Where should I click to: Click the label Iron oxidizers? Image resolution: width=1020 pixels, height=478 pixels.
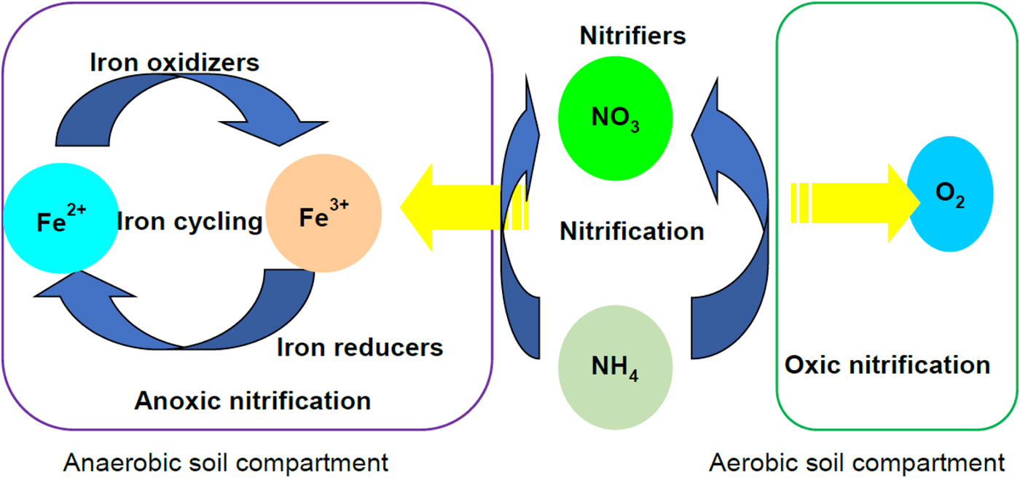(x=174, y=63)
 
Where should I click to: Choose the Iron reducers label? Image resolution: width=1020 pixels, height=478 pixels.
(x=360, y=348)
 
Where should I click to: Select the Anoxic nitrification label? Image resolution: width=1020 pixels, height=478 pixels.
(x=253, y=399)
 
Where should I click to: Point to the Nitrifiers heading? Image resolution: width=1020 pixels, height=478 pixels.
(x=632, y=35)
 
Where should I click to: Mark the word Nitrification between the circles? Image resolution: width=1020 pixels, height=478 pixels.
(x=632, y=232)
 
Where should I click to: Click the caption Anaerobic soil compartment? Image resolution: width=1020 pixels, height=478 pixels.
(x=225, y=463)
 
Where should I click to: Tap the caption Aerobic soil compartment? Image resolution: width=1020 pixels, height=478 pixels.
(x=856, y=463)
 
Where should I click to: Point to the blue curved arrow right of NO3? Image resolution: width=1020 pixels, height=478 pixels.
(x=736, y=219)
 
